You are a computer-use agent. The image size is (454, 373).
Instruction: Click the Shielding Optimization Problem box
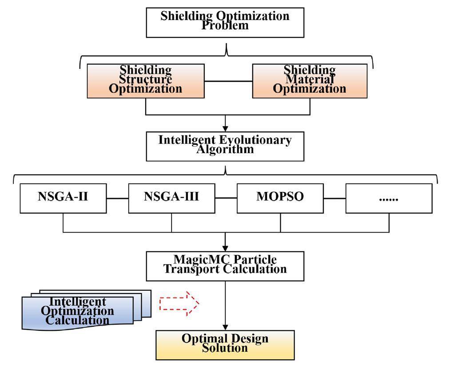(x=225, y=22)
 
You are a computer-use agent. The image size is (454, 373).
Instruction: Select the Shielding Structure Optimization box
(x=146, y=81)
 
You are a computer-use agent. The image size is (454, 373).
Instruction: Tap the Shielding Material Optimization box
(x=310, y=81)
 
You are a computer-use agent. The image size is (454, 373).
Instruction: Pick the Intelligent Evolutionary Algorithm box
(x=225, y=146)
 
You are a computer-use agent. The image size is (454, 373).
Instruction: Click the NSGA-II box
(x=63, y=198)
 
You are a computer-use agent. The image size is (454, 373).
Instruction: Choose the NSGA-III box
(x=171, y=198)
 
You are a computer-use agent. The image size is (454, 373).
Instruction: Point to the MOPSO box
(x=280, y=198)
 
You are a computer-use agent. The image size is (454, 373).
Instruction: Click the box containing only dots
(x=389, y=198)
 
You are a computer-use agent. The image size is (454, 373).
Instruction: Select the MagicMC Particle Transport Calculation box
(x=225, y=266)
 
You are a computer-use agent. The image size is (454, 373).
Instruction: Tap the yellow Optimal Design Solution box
(x=225, y=345)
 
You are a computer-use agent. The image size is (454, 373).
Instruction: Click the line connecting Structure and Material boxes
(x=228, y=81)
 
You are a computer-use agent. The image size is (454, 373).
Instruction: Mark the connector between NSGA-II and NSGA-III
(x=117, y=198)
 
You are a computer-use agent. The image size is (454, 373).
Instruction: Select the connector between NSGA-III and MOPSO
(x=226, y=198)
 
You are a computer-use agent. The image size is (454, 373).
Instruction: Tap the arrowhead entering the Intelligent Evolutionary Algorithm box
(x=225, y=128)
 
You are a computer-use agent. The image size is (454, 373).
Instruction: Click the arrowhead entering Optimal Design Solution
(x=225, y=327)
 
